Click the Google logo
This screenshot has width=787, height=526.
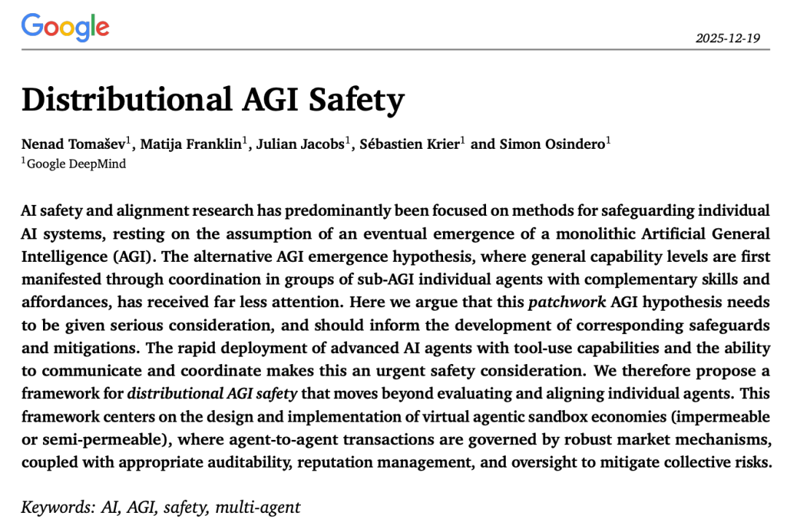66,28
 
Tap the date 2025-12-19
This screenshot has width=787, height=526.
727,38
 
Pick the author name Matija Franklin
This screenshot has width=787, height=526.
191,144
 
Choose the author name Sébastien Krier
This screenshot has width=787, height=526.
409,144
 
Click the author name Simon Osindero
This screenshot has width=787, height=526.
552,144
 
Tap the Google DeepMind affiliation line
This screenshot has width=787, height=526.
76,163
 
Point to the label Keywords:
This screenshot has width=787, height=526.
52,506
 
